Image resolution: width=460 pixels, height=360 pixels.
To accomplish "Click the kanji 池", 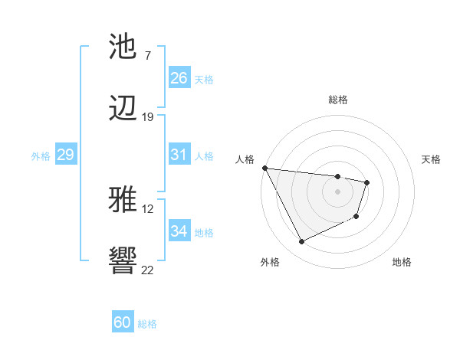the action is pos(123,47).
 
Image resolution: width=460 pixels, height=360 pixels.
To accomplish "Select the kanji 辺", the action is pos(123,110).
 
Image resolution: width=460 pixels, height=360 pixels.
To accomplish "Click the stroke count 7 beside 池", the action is pos(147,55).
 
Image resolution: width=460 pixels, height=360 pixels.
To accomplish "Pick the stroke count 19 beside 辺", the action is pos(147,117).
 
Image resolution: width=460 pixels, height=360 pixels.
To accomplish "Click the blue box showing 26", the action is pos(179,78).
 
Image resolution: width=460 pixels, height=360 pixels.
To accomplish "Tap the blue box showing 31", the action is pos(179,155).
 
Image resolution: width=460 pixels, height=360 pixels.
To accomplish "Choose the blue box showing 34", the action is pos(179,231).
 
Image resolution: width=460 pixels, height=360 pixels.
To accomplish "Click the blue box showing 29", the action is pos(65,155).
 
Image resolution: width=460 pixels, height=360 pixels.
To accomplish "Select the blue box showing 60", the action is pos(123,322).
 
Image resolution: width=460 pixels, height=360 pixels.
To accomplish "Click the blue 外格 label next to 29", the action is pos(41,155).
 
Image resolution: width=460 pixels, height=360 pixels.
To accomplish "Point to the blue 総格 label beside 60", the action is pos(147,324).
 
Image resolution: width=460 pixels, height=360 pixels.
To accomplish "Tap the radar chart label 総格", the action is pos(337,100).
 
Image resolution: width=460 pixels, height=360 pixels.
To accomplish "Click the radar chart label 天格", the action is pos(432,159).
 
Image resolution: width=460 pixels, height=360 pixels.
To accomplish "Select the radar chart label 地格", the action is pos(402,262).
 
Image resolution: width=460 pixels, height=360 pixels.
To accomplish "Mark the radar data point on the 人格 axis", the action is pos(264,168).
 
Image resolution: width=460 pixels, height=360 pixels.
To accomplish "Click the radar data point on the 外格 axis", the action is pos(301,242).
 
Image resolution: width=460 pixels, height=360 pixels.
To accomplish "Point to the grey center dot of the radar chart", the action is pos(337,191).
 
